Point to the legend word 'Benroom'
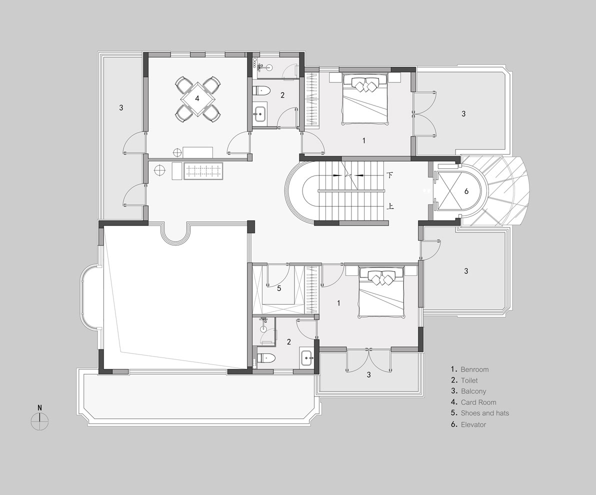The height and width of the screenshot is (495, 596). pos(474,369)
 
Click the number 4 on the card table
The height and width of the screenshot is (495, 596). pos(197,98)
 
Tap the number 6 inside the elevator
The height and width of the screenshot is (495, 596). pos(466,191)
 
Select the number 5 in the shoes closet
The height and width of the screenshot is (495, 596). pos(279,288)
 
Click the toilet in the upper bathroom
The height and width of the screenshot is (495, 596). pos(261,91)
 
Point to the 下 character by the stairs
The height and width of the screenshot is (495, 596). pos(390,175)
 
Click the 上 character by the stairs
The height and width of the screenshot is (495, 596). pos(390,206)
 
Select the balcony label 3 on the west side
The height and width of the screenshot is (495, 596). pos(121,107)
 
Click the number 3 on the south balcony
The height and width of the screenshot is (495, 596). pos(368,375)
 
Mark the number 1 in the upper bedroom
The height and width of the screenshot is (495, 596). pos(364,140)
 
